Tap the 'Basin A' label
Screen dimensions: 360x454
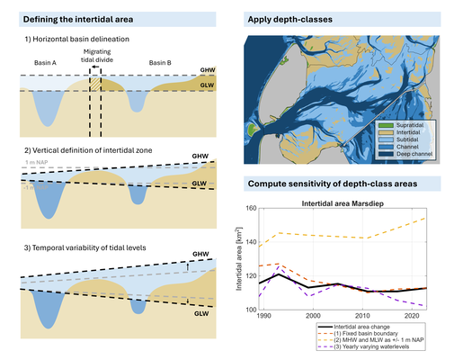pyautogui.click(x=46, y=64)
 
